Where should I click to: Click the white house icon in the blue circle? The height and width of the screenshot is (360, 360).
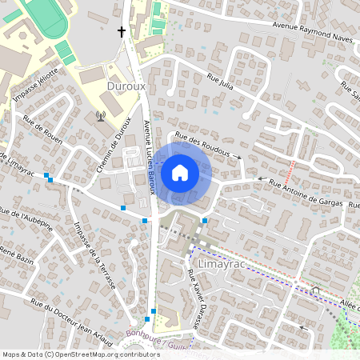[x=180, y=171]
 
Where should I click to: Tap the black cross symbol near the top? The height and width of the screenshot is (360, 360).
[x=122, y=32]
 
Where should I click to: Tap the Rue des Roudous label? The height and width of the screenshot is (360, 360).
[x=206, y=145]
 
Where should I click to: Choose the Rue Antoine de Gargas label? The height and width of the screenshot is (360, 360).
[x=306, y=193]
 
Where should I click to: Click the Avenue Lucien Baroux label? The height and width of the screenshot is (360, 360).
[x=148, y=158]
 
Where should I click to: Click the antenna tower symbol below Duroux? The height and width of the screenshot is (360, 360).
[x=101, y=116]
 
